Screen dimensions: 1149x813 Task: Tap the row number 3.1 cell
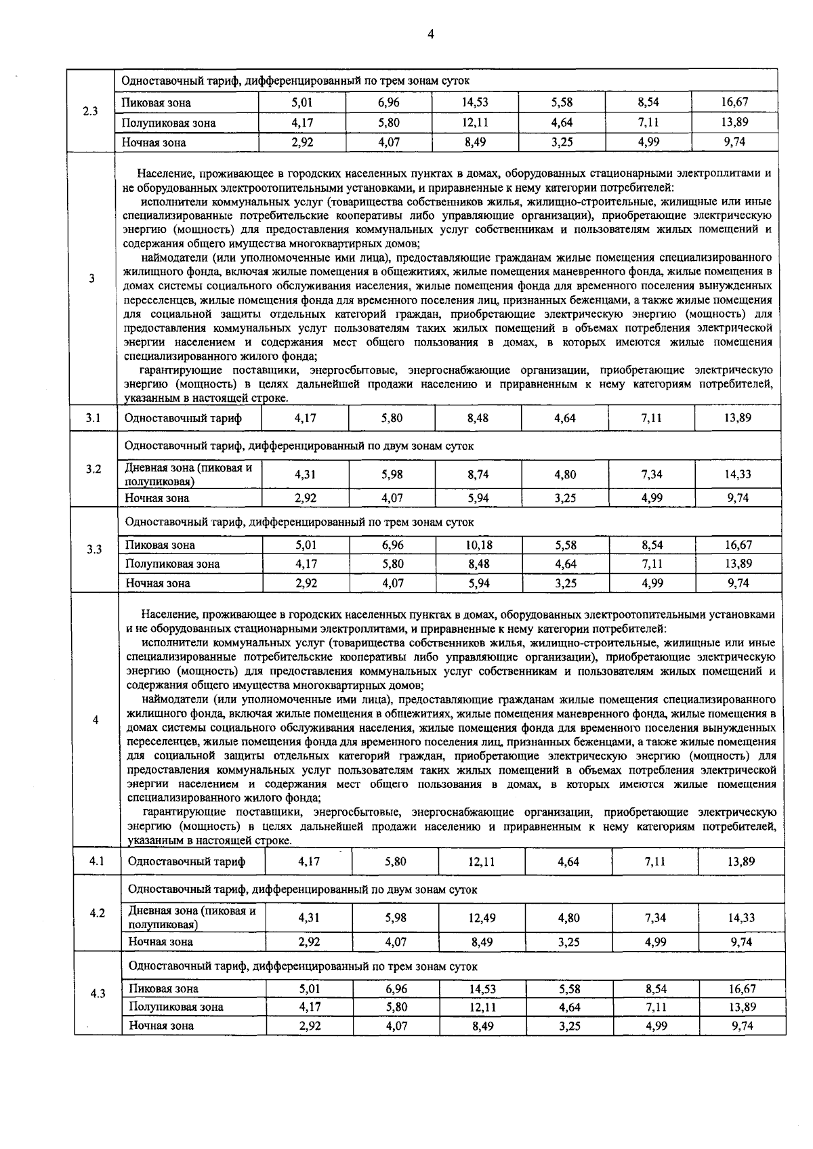click(x=93, y=418)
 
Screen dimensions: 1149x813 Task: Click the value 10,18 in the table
click(x=478, y=545)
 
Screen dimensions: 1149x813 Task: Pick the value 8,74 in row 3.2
click(x=478, y=474)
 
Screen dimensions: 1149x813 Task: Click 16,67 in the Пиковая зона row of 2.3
click(x=734, y=102)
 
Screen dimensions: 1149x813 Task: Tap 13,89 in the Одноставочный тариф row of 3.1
click(x=738, y=418)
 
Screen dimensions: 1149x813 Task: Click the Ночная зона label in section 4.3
click(x=161, y=1026)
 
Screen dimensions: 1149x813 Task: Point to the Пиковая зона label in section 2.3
click(x=157, y=103)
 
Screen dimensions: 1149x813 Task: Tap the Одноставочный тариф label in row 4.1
click(x=186, y=862)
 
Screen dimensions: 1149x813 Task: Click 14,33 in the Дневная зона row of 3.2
click(x=738, y=474)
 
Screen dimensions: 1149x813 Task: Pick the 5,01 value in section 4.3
click(x=310, y=989)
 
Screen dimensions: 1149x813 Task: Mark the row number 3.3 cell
click(x=93, y=549)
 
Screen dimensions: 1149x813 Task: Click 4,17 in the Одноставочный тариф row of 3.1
click(x=306, y=418)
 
